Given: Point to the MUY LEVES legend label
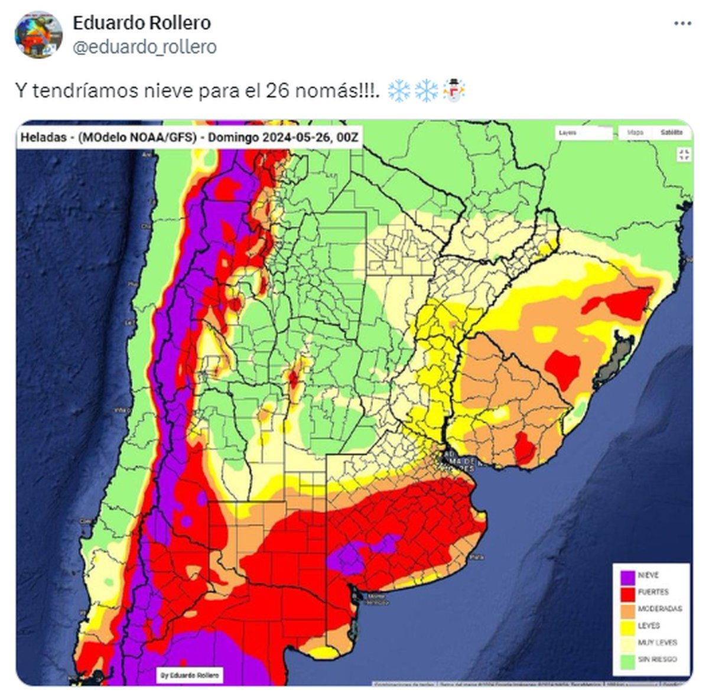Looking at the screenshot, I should click(657, 643).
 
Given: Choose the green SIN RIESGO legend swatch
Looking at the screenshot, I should click(628, 660).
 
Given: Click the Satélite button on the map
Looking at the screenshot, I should click(672, 133).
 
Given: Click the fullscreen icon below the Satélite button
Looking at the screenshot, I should click(684, 155).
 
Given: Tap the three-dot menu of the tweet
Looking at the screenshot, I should click(682, 24).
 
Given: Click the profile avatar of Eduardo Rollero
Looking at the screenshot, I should click(38, 34).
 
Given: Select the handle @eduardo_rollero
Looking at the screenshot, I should click(144, 47).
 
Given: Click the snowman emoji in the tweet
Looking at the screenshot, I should click(454, 91).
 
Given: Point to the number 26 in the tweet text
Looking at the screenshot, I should click(277, 91).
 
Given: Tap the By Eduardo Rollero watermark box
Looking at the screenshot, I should click(190, 675).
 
